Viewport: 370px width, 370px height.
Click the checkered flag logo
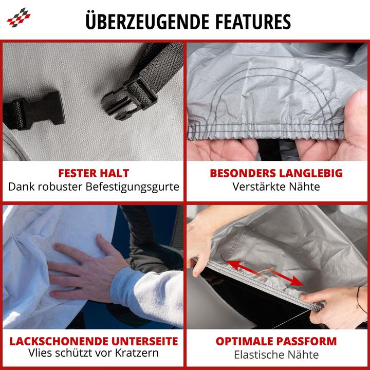pos(18,17)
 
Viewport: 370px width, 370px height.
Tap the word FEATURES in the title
pos(253,22)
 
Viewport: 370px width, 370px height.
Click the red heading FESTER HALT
pos(94,173)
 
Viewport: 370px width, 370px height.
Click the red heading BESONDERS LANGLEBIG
pos(276,173)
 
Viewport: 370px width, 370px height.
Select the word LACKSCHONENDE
pos(59,341)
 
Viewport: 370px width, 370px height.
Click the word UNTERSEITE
pos(144,341)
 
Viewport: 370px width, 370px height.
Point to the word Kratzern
pos(137,353)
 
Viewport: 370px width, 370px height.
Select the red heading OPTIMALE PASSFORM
pos(276,341)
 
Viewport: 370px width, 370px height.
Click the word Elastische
pos(259,355)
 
